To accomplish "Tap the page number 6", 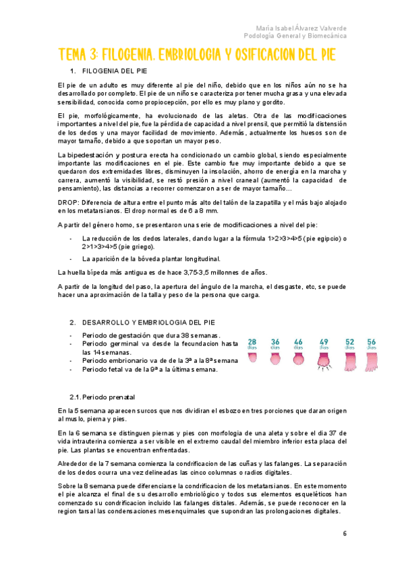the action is (x=345, y=534).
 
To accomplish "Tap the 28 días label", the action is (x=252, y=345).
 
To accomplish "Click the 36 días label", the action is (x=275, y=345).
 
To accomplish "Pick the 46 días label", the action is (x=299, y=345).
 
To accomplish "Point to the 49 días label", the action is (x=324, y=345).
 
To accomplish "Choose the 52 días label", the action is (x=349, y=345).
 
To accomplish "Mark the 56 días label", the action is (x=371, y=345).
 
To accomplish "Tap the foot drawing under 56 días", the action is (x=371, y=362).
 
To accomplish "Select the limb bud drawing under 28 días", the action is (x=252, y=357).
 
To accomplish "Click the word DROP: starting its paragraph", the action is (x=68, y=202).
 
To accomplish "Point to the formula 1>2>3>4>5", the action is (x=287, y=238).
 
